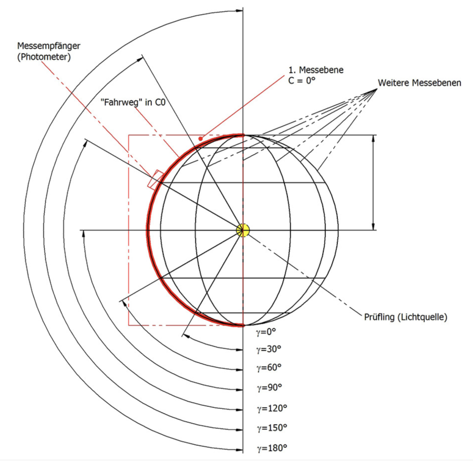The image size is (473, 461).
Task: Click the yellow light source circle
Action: coord(242,230)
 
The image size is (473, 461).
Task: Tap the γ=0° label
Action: coord(266,331)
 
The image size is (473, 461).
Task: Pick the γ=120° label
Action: coord(271,407)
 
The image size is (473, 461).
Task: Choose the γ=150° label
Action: coord(271,427)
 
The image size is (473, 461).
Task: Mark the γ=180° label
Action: coord(271,448)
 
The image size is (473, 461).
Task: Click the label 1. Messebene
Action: coord(315,70)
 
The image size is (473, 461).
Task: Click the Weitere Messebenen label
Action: coord(419,83)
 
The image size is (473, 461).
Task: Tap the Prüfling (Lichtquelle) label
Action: coord(405,317)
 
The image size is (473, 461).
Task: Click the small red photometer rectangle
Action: coord(155,179)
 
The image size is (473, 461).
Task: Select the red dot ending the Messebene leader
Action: coord(200,138)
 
